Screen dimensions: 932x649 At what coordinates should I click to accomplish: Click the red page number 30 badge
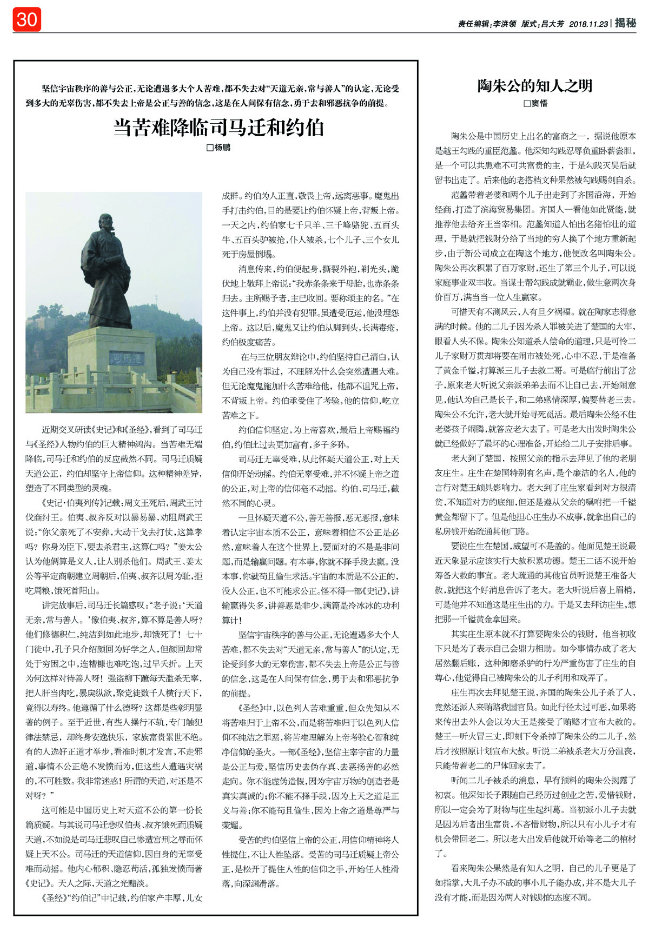(27, 20)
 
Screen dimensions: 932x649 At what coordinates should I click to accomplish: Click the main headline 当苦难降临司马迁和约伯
(218, 128)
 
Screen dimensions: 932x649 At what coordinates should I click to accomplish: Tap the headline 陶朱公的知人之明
(535, 85)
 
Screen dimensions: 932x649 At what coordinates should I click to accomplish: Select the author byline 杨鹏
(222, 147)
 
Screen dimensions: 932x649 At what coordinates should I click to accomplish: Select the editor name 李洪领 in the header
(504, 24)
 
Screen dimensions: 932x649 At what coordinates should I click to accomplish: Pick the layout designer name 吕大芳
(552, 24)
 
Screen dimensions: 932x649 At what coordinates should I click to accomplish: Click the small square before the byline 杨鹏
(210, 147)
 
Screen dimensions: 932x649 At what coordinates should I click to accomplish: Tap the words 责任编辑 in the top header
(473, 24)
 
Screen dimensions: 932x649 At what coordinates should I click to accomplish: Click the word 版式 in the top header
(529, 24)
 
